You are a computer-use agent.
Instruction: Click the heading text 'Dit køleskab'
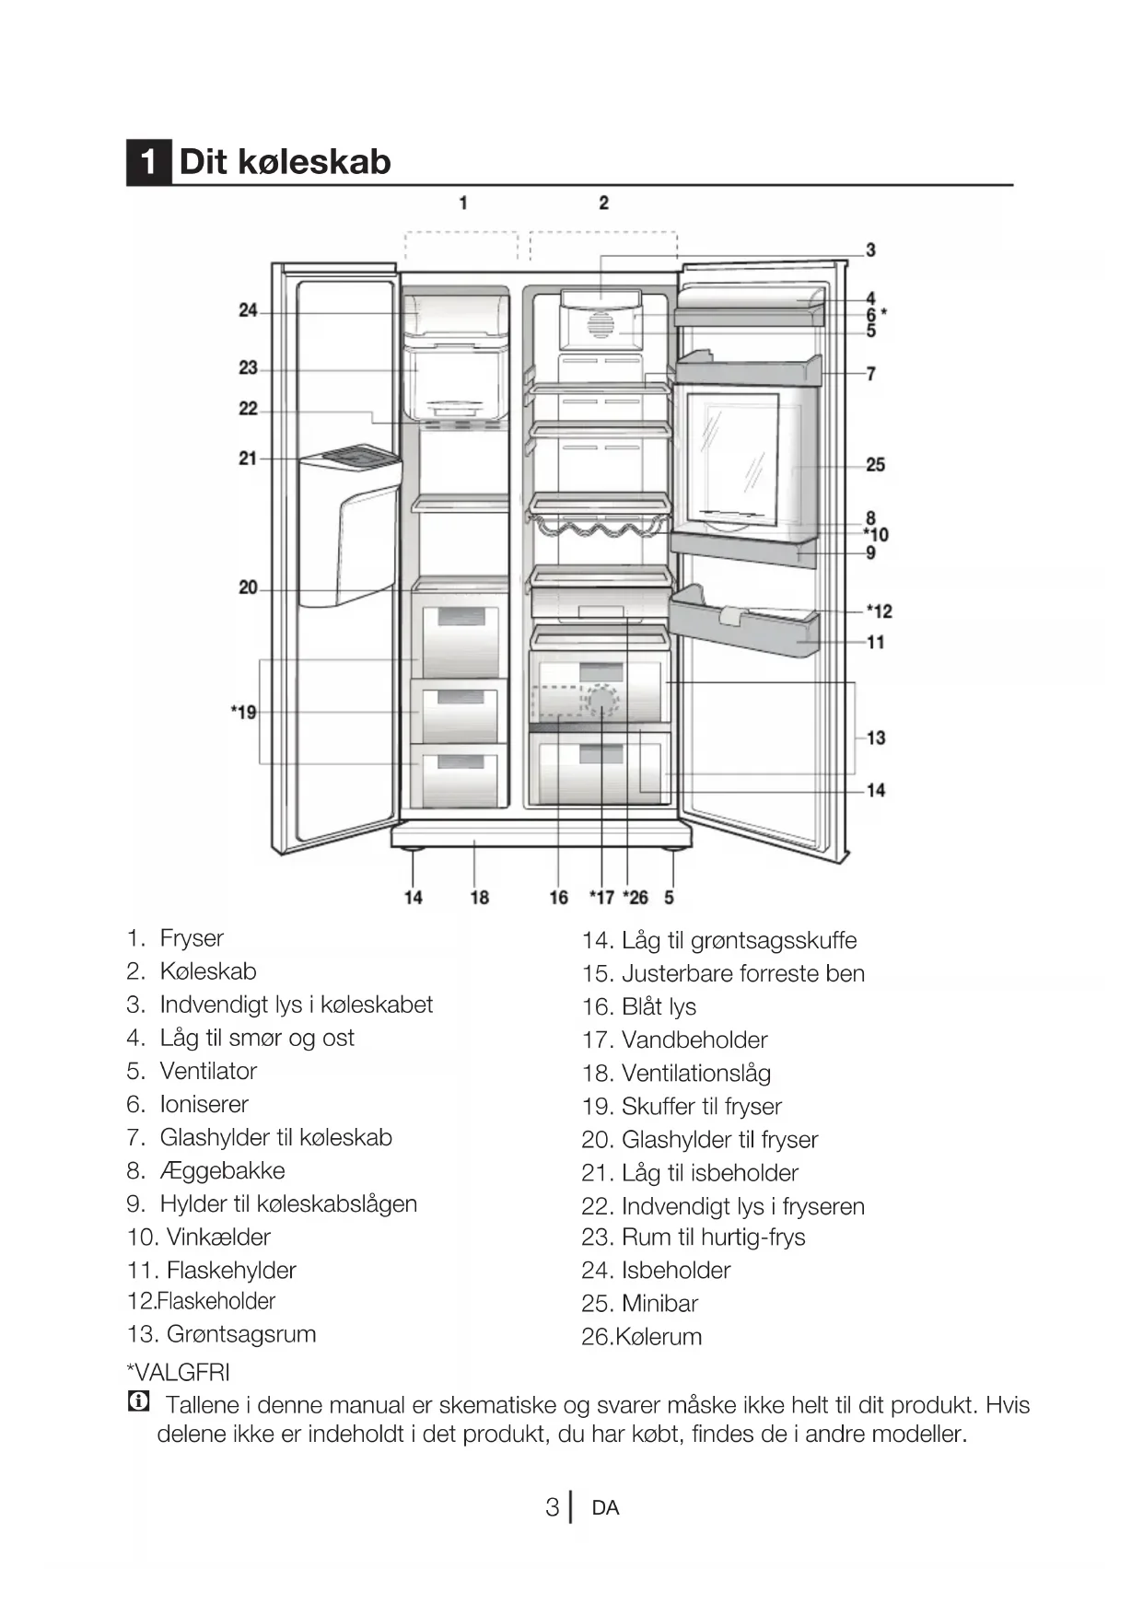click(285, 162)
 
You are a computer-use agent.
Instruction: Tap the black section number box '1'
click(148, 162)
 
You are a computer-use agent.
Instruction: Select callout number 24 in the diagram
click(248, 311)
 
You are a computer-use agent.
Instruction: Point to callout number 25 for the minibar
click(875, 465)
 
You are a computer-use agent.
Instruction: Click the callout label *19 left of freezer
click(244, 712)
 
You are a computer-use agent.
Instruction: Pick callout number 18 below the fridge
click(479, 897)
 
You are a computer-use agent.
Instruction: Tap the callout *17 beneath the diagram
click(601, 897)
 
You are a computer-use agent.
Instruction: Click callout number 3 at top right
click(870, 250)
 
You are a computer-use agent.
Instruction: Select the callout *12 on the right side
click(879, 611)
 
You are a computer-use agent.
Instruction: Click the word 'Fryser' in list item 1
click(192, 938)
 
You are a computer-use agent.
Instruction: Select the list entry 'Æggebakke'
click(222, 1170)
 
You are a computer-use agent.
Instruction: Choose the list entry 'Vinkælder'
click(218, 1237)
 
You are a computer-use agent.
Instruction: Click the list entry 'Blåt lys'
click(659, 1006)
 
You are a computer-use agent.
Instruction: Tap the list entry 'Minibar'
click(659, 1303)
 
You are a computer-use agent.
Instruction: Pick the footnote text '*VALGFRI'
click(178, 1372)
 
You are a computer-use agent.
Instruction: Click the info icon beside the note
click(138, 1403)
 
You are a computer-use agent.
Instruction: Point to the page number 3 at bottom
click(552, 1507)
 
